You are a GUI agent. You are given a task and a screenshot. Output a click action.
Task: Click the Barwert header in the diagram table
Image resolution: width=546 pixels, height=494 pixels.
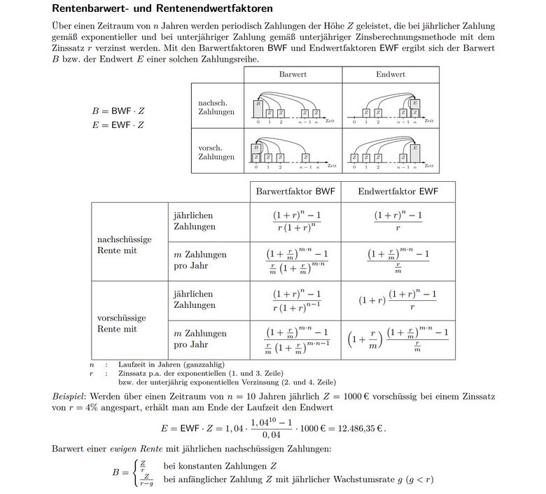pos(293,74)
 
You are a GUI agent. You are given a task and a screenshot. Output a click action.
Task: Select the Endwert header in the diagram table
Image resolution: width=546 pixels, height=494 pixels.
pos(390,74)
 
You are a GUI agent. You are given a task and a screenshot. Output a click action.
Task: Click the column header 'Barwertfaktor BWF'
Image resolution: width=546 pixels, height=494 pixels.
pos(295,192)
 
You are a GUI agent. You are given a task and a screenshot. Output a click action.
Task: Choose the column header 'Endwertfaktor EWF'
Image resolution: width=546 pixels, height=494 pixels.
pos(398,192)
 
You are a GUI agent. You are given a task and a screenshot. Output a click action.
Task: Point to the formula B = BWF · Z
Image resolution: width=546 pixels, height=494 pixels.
pos(118,111)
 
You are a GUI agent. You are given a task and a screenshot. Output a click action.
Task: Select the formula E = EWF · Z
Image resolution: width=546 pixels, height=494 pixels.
pos(118,125)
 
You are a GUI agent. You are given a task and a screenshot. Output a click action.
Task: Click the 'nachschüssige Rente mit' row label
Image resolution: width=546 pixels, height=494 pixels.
pos(125,245)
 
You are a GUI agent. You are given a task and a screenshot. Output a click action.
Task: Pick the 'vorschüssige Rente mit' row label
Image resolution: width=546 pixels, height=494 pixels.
pos(124,323)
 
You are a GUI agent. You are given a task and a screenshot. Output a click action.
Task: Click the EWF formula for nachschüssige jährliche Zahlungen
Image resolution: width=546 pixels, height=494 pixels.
pos(398,221)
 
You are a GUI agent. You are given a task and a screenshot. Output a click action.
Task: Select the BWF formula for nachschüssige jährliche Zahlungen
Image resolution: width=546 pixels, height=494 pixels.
pos(297,221)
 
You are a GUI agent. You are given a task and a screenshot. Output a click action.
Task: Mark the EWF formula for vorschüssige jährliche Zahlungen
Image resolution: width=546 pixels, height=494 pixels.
pos(398,300)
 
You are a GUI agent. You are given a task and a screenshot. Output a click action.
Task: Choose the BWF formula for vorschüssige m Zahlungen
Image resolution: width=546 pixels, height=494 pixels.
pos(297,339)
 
